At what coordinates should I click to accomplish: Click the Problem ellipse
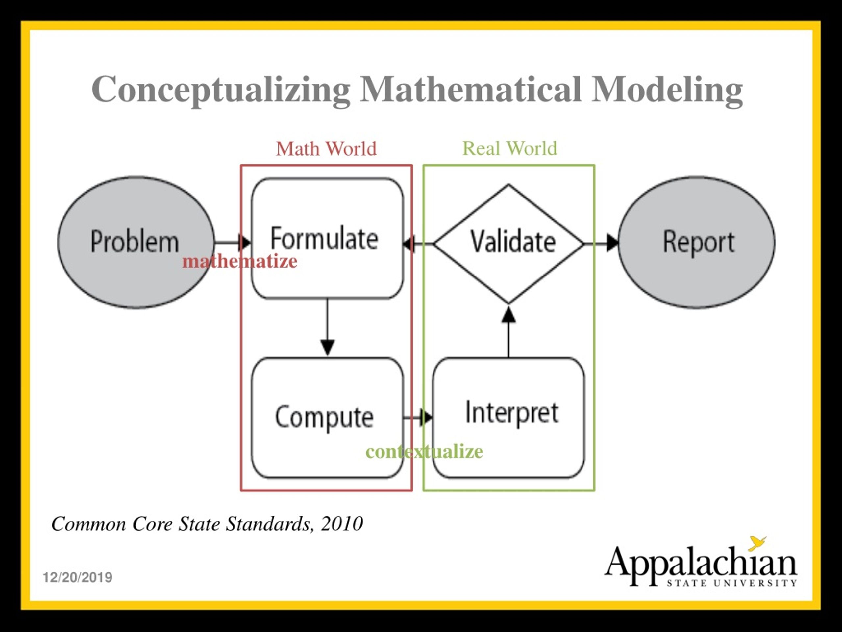pos(135,242)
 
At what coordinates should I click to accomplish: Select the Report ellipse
pos(696,242)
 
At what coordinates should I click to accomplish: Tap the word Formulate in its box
pos(324,238)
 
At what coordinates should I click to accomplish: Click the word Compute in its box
pos(324,417)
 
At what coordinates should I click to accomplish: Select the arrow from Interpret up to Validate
pos(508,331)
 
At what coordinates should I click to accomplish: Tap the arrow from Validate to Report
pos(602,243)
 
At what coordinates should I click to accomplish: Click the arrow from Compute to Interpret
pos(418,417)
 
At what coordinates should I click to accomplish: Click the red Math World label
pos(326,148)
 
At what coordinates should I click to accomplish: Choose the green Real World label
pos(509,148)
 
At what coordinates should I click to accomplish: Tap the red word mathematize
pos(240,262)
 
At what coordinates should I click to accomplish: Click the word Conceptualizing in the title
pos(220,90)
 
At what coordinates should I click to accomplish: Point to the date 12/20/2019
pos(77,578)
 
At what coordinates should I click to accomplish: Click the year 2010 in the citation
pos(341,524)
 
